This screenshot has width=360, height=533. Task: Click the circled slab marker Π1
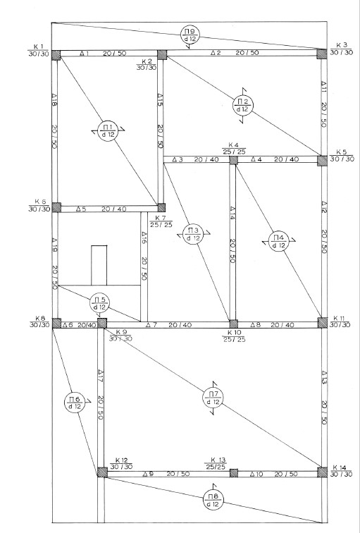click(x=108, y=130)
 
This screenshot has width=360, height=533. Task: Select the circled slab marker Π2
click(x=243, y=105)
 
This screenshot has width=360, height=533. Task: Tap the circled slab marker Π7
click(x=213, y=398)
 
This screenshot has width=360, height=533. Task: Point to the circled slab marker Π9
click(x=190, y=35)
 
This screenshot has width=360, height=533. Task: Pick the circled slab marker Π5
click(x=100, y=303)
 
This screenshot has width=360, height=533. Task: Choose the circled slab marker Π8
click(x=213, y=500)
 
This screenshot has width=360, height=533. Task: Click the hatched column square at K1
click(x=56, y=55)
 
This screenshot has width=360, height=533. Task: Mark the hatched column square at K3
click(x=322, y=54)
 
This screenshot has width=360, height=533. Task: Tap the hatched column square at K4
click(x=233, y=160)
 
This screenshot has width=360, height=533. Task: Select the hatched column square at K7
click(x=161, y=207)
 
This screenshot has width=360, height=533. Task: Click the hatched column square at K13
click(x=234, y=473)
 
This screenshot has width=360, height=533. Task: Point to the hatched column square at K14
click(x=322, y=472)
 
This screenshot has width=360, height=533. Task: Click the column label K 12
click(x=120, y=461)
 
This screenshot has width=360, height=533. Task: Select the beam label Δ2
click(x=216, y=53)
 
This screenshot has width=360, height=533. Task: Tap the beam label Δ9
click(x=148, y=474)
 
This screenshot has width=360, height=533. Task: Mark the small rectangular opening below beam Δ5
click(x=99, y=265)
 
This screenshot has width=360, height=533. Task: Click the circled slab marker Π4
click(x=278, y=241)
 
